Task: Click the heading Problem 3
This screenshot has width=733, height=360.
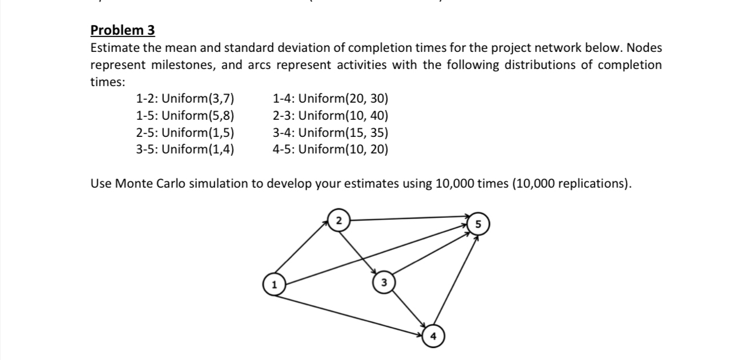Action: (x=123, y=30)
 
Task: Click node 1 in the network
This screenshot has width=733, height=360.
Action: (x=274, y=284)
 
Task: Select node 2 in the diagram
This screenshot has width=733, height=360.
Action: (x=339, y=220)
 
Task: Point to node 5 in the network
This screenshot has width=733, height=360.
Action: (x=477, y=223)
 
